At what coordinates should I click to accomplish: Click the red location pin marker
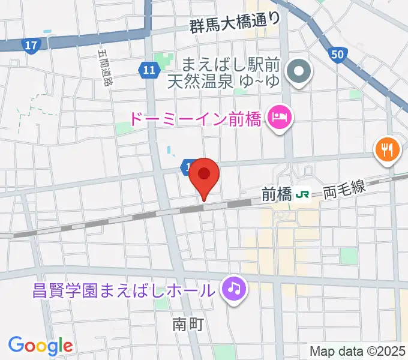[x=204, y=175]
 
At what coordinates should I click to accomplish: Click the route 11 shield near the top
[x=149, y=71]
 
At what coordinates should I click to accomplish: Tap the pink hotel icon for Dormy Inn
[x=279, y=115]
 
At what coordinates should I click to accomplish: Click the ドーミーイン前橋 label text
[x=195, y=118]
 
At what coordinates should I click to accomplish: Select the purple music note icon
[x=233, y=289]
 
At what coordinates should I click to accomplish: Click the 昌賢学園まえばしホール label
[x=123, y=292]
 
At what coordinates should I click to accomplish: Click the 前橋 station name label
[x=276, y=194]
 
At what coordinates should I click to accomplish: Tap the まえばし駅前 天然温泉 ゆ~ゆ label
[x=232, y=71]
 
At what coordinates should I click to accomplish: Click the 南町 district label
[x=188, y=325]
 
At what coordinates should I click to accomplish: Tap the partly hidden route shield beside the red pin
[x=187, y=166]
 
